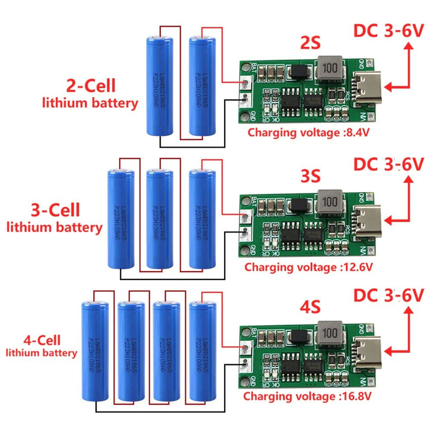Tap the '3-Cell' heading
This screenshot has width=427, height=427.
click(x=55, y=210)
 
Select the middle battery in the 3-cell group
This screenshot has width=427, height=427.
click(x=159, y=218)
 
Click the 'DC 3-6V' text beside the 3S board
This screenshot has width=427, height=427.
click(x=389, y=164)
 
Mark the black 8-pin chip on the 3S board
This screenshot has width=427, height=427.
click(x=291, y=231)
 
